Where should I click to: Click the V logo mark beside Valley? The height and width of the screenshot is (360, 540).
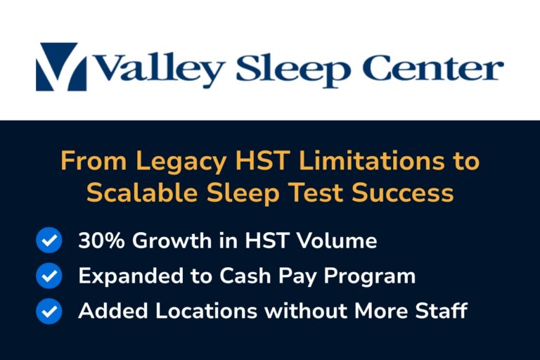click(61, 67)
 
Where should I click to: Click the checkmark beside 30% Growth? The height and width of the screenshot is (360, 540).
click(49, 241)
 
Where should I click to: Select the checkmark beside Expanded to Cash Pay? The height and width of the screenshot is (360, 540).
click(49, 276)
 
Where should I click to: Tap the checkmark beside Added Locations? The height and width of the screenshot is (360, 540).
click(49, 311)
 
